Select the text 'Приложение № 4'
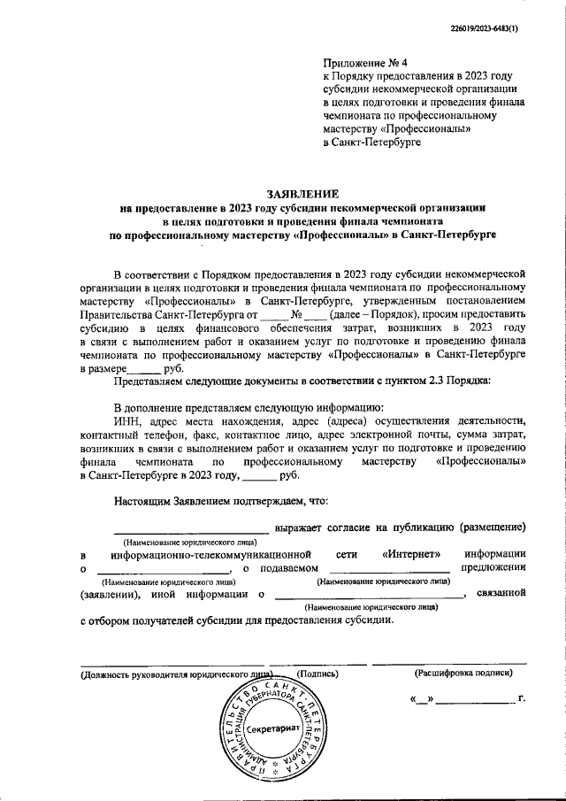[363, 64]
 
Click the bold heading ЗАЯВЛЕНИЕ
[302, 194]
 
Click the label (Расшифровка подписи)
[463, 674]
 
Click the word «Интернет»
[413, 553]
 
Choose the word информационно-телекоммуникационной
[208, 553]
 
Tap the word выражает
[304, 528]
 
